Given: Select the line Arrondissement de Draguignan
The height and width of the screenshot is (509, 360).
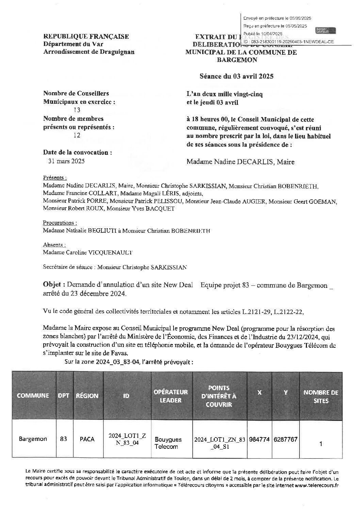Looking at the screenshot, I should click(89, 52).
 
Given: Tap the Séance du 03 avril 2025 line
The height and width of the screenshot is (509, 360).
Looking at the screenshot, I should click(236, 77).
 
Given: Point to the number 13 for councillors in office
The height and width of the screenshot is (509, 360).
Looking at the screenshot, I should click(77, 110).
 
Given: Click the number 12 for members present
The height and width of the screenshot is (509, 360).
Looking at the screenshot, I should click(77, 135).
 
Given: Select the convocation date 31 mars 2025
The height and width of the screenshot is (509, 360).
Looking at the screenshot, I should click(67, 161).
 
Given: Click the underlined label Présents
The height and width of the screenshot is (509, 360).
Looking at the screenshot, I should click(54, 178).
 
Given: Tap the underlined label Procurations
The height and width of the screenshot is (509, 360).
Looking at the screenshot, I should click(60, 223).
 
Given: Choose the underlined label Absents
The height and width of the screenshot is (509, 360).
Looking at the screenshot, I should click(54, 245).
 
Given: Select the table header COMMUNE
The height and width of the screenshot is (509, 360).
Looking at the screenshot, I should click(33, 395).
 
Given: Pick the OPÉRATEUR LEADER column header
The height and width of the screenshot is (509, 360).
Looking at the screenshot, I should click(170, 396).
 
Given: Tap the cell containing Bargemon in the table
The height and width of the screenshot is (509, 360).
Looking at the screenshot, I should click(33, 439).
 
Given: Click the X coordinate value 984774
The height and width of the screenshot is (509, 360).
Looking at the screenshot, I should click(260, 439).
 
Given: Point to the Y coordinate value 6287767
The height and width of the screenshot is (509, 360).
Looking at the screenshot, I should click(285, 439).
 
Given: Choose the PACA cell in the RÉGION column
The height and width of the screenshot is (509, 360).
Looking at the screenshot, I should click(87, 439).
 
